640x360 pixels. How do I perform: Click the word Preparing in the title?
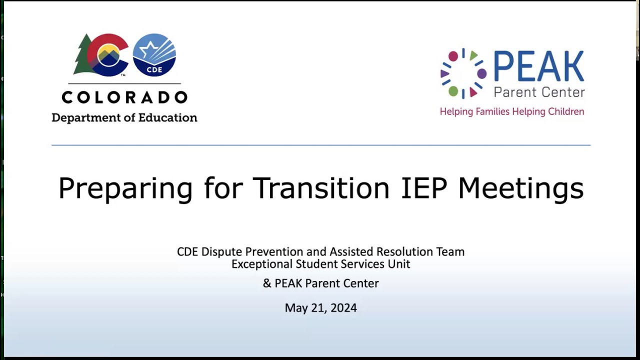[x=125, y=188]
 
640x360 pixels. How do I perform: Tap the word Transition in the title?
[x=321, y=187]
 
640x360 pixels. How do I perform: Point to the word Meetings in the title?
[x=520, y=188]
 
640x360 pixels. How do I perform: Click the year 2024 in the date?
[x=343, y=308]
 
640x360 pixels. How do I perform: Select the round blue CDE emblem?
[x=154, y=54]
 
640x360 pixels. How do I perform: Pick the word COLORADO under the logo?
[x=124, y=97]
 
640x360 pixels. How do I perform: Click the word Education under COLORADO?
[x=168, y=118]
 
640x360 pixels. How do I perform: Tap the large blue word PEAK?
[x=538, y=67]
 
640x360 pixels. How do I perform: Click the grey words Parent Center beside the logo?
[x=539, y=92]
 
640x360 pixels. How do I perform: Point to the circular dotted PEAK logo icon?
[x=463, y=73]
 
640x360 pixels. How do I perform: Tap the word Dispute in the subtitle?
[x=220, y=251]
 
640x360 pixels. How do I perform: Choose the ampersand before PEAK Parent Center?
[x=267, y=283]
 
